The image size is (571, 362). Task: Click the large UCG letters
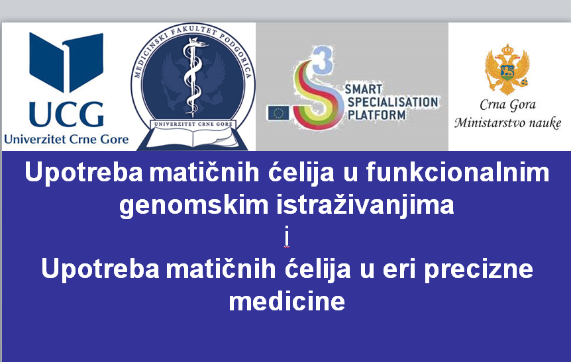click(67, 114)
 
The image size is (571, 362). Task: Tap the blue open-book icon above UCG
click(66, 62)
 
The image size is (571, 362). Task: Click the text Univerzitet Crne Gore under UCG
click(66, 140)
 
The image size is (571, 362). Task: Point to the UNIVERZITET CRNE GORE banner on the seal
click(193, 124)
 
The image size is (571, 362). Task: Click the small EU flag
click(279, 113)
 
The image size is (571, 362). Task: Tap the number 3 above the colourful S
click(323, 59)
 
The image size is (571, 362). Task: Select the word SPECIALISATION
click(393, 102)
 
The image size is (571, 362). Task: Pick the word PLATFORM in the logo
click(376, 115)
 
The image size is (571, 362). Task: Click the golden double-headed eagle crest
click(507, 69)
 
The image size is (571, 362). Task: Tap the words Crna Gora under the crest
click(507, 105)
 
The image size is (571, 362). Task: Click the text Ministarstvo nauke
click(507, 122)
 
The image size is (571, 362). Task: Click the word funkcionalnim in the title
click(458, 172)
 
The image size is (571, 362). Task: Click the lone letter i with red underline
click(287, 236)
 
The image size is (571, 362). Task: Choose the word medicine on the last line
click(287, 301)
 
